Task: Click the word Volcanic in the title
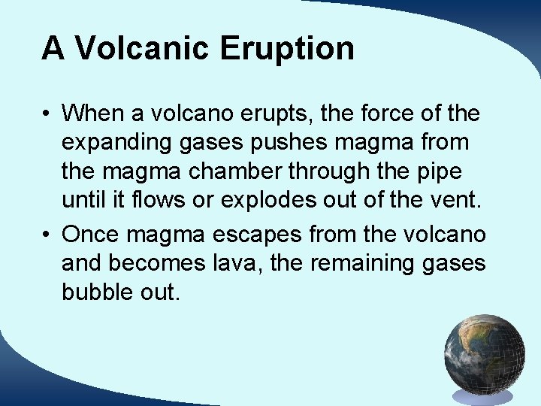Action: pyautogui.click(x=141, y=48)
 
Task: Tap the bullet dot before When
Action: pyautogui.click(x=47, y=114)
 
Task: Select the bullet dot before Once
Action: pyautogui.click(x=47, y=235)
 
